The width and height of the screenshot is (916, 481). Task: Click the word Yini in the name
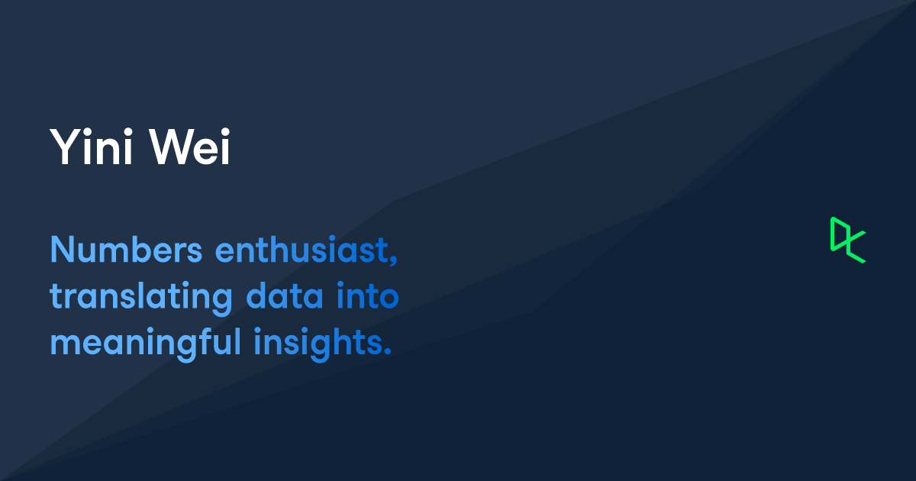tap(91, 147)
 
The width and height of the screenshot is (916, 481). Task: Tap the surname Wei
tap(190, 147)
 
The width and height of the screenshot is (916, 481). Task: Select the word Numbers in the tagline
tap(126, 250)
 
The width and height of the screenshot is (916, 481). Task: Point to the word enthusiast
tap(302, 250)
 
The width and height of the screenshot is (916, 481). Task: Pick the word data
tap(285, 295)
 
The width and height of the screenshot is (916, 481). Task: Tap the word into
tap(368, 295)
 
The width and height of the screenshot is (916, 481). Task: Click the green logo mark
tap(848, 240)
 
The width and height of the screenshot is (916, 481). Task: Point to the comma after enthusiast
tap(393, 260)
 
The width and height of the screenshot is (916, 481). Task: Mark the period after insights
tap(388, 351)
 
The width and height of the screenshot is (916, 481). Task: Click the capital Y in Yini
tap(66, 147)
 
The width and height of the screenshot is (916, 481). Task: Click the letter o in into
tap(388, 298)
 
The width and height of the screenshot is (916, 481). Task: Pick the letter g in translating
tap(221, 302)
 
